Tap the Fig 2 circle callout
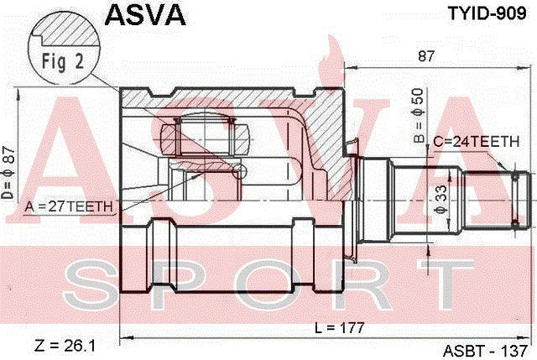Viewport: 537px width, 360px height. point(61,60)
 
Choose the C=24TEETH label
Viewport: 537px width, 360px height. point(477,142)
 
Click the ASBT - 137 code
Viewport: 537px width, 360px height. point(488,347)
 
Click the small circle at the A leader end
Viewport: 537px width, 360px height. point(240,171)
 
